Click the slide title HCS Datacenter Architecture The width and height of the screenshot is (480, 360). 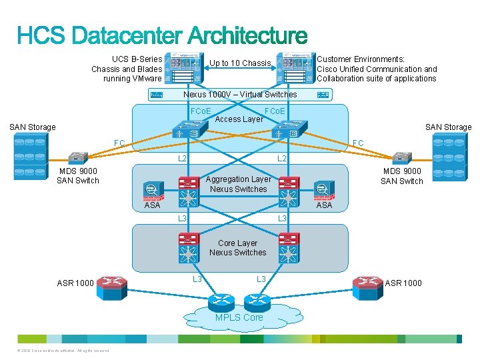pyautogui.click(x=162, y=36)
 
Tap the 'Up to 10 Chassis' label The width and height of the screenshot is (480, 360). pyautogui.click(x=240, y=63)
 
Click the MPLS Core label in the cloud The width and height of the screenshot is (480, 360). pyautogui.click(x=239, y=317)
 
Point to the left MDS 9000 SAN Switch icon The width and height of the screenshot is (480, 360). pyautogui.click(x=77, y=158)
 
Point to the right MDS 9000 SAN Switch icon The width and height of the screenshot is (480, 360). pyautogui.click(x=401, y=158)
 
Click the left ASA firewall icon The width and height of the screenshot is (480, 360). pyautogui.click(x=152, y=190)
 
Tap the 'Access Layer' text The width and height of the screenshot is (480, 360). pyautogui.click(x=239, y=119)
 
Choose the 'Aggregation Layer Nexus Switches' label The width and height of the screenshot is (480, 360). pyautogui.click(x=238, y=184)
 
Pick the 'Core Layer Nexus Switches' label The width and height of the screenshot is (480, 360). pyautogui.click(x=237, y=248)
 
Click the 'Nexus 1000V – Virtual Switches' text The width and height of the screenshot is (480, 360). pyautogui.click(x=240, y=95)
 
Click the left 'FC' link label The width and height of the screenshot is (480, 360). pyautogui.click(x=119, y=143)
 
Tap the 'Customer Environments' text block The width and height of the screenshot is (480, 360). pyautogui.click(x=377, y=69)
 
